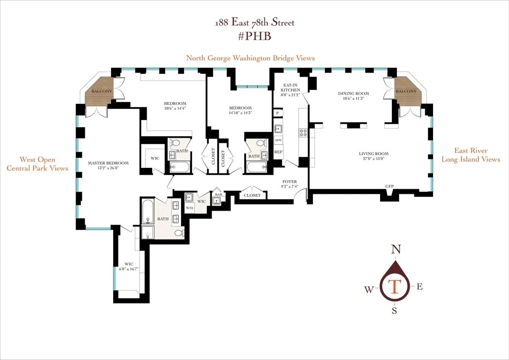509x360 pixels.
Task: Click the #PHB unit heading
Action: click(x=254, y=36)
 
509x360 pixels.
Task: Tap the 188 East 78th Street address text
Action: click(x=254, y=22)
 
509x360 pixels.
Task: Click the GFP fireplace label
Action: click(x=389, y=187)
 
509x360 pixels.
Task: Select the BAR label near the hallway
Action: click(x=218, y=195)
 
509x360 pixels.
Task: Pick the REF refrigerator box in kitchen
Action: click(x=278, y=152)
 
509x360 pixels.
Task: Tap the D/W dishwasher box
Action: click(x=278, y=140)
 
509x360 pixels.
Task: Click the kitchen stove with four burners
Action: click(x=304, y=132)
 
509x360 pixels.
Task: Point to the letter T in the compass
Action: click(x=394, y=287)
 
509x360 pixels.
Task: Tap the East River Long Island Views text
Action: click(x=470, y=155)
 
